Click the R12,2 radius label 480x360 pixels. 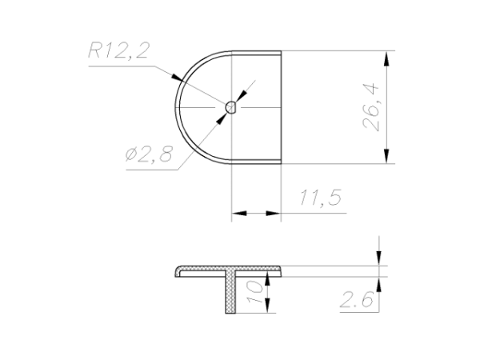(x=118, y=50)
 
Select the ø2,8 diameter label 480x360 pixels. (x=149, y=154)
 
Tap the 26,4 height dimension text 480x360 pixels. (x=370, y=107)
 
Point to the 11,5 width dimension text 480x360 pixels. (x=320, y=198)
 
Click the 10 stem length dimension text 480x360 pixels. (x=254, y=292)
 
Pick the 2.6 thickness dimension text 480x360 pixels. (x=357, y=300)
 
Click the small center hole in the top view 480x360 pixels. (x=231, y=107)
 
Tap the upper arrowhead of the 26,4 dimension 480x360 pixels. (x=387, y=58)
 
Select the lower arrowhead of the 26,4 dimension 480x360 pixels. (x=387, y=156)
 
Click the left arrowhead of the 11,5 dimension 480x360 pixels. (x=239, y=213)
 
